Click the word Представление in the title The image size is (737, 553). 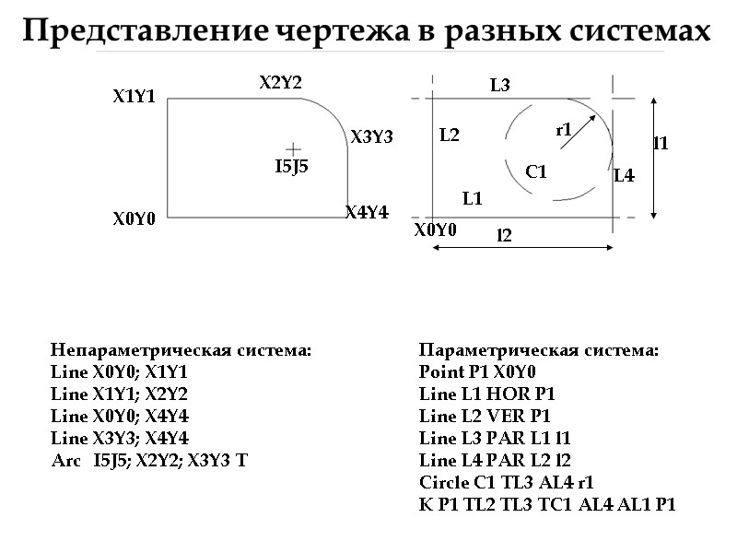[146, 31]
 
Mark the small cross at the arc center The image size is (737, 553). [293, 147]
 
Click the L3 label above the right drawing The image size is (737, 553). [500, 86]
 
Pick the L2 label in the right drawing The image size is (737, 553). [449, 135]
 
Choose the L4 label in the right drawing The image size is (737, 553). [624, 176]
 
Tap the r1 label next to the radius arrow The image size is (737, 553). [564, 130]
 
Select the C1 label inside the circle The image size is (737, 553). [536, 171]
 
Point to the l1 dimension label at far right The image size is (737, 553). [661, 143]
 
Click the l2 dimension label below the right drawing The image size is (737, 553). [504, 235]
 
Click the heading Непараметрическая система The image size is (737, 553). [181, 350]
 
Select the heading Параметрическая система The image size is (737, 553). [538, 350]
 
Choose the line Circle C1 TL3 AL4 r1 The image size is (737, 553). [507, 482]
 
